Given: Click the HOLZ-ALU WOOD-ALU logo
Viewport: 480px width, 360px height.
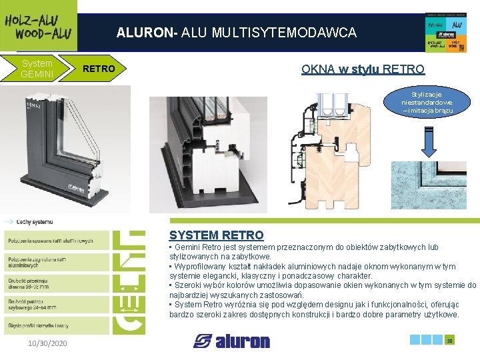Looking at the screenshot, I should pos(38,25).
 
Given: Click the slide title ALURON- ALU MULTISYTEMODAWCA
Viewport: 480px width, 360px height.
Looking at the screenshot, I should pos(237,32).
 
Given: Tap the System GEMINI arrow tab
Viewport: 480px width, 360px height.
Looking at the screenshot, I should pos(37,69).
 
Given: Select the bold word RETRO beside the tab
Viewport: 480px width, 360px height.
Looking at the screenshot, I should pos(99,69).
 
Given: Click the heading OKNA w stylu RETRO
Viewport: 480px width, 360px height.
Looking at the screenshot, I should pos(363,69).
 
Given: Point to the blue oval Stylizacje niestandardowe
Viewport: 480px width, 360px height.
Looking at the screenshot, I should pos(427,102).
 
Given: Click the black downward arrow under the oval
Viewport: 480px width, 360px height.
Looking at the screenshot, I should pos(427,140).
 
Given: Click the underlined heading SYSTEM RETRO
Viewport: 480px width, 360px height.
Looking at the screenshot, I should pos(217,235).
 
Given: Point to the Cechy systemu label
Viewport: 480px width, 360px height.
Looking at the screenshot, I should pos(33,221).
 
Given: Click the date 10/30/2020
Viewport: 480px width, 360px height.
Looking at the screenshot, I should pos(47,343).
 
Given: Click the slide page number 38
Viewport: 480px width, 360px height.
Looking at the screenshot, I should pos(449,341).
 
